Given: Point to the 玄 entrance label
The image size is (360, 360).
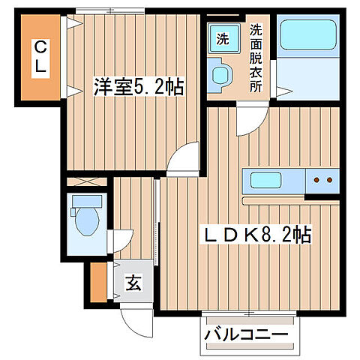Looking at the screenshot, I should point(132,284).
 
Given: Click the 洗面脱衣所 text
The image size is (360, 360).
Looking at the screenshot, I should point(256,58).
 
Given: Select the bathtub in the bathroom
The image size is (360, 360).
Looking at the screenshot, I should point(308,35).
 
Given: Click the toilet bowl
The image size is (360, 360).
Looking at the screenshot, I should point(85,222).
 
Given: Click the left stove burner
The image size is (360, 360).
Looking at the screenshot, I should point(317,181).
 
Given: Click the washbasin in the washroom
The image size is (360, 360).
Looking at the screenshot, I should point(223,76).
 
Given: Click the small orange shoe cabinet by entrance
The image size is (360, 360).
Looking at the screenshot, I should point(97,281).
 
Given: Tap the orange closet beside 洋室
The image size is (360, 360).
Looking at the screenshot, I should point(34,58).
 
